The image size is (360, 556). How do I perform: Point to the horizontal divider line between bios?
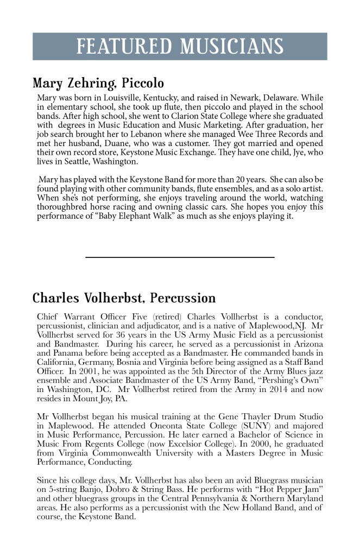click(180, 257)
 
